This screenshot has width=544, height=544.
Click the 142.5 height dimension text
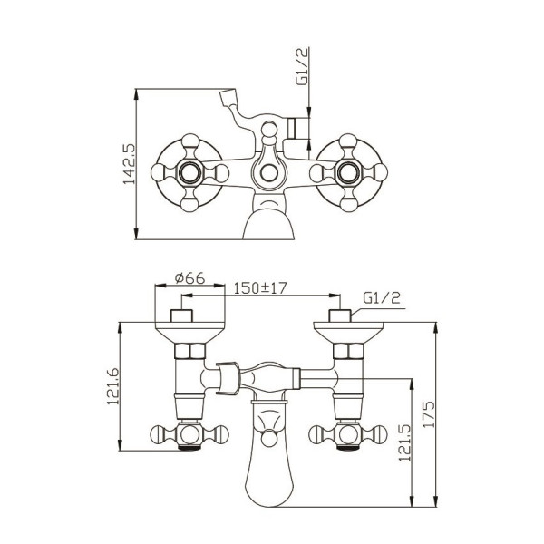(130, 164)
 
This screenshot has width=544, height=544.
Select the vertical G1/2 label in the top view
(302, 66)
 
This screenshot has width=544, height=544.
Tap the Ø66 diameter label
(189, 278)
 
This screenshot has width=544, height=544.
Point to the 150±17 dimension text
(260, 288)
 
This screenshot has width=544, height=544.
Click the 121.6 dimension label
(112, 386)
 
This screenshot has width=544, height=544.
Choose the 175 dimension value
(429, 414)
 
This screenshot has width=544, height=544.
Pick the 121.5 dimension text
(404, 442)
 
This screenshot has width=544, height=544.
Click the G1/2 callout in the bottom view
(382, 297)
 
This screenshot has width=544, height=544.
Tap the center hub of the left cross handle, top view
(190, 172)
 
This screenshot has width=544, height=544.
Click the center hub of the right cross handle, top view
(348, 172)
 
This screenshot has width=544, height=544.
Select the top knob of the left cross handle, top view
(190, 141)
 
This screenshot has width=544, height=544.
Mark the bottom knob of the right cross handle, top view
(348, 204)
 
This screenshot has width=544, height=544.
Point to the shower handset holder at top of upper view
(228, 97)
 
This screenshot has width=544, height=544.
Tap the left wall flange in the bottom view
(189, 332)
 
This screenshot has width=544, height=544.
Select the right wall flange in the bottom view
(348, 332)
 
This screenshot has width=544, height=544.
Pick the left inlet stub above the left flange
(181, 316)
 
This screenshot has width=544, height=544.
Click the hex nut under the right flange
(348, 351)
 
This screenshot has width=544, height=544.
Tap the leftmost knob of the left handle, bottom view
(159, 434)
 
